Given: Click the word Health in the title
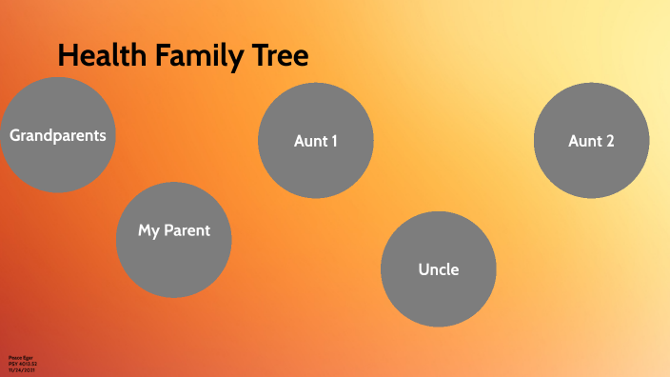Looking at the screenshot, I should coord(100,55).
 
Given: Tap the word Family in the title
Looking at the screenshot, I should coord(201,55).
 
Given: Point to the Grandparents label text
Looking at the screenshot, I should coord(58,135).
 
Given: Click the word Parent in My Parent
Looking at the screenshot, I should coord(187,230).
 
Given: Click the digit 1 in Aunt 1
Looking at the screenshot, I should coord(334,141).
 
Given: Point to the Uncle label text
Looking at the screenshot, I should coord(439,269).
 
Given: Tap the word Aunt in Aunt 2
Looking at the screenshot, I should coord(582,141).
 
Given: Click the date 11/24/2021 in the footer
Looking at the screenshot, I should coord(20,370).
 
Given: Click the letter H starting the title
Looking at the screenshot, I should coord(66,55).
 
